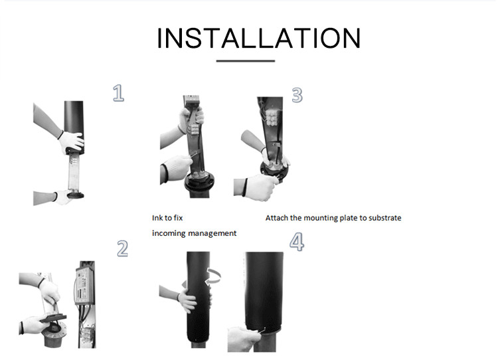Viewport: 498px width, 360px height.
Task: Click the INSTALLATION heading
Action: (259, 38)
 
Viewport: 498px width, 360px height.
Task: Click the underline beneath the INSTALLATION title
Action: (246, 60)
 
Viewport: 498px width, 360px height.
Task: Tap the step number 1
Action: (118, 93)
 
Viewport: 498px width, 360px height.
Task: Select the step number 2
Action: (122, 248)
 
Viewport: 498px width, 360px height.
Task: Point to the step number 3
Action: (297, 95)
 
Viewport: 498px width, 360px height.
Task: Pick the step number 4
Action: (297, 242)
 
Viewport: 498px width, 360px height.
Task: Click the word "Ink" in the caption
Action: (157, 218)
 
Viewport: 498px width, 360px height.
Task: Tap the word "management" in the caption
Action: (212, 234)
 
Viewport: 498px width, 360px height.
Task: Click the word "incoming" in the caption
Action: (169, 234)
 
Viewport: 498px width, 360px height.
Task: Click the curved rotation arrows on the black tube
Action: (212, 276)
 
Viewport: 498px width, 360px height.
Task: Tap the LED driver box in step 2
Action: (84, 286)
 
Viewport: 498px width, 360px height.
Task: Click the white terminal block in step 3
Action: (272, 118)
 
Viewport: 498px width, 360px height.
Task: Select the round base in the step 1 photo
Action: (75, 195)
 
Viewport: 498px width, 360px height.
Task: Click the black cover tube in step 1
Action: (74, 127)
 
